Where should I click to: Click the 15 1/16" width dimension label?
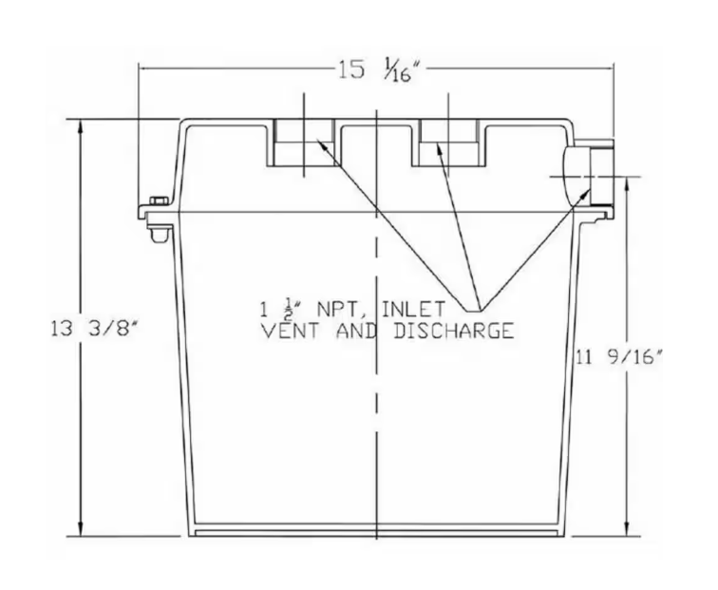point(378,72)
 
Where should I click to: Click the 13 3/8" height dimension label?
point(94,329)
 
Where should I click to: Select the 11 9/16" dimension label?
point(619,357)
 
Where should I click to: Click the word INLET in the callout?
point(413,309)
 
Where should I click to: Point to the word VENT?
point(290,331)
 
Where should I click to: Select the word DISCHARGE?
point(453,331)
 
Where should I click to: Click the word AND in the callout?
point(356,331)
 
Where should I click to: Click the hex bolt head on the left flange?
point(159,200)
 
